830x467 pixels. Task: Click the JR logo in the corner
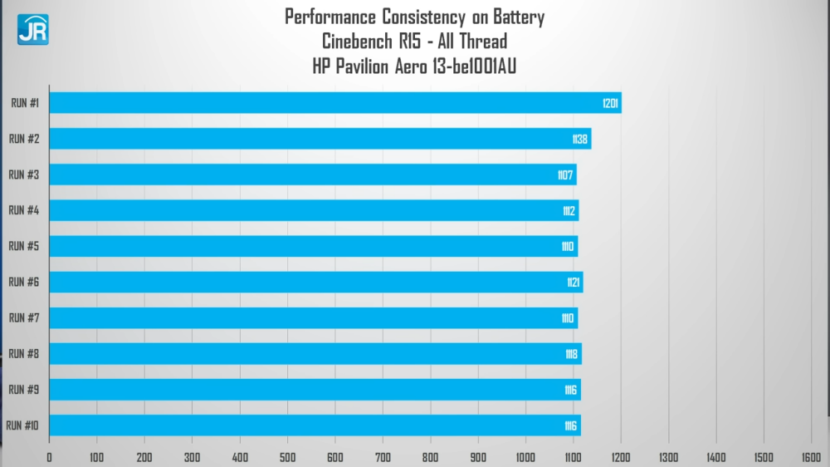[x=32, y=29]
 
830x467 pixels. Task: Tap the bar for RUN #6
[x=315, y=283]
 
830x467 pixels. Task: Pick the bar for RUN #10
[x=315, y=425]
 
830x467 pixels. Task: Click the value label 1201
[x=611, y=103]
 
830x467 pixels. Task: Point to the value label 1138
[x=580, y=139]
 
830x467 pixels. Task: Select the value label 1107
[x=566, y=175]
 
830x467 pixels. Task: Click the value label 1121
[x=574, y=283]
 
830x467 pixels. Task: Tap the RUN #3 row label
[x=24, y=175]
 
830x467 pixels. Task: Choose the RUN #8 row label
[x=24, y=353]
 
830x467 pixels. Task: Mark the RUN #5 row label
[x=24, y=246]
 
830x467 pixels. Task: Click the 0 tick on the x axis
[x=49, y=457]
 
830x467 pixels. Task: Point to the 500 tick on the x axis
[x=287, y=457]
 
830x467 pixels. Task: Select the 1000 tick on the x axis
[x=525, y=457]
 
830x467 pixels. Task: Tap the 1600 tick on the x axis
[x=811, y=457]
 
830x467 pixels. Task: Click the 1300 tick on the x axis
[x=668, y=457]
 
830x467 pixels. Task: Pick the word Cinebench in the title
[x=359, y=42]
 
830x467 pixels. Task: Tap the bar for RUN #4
[x=314, y=211]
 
